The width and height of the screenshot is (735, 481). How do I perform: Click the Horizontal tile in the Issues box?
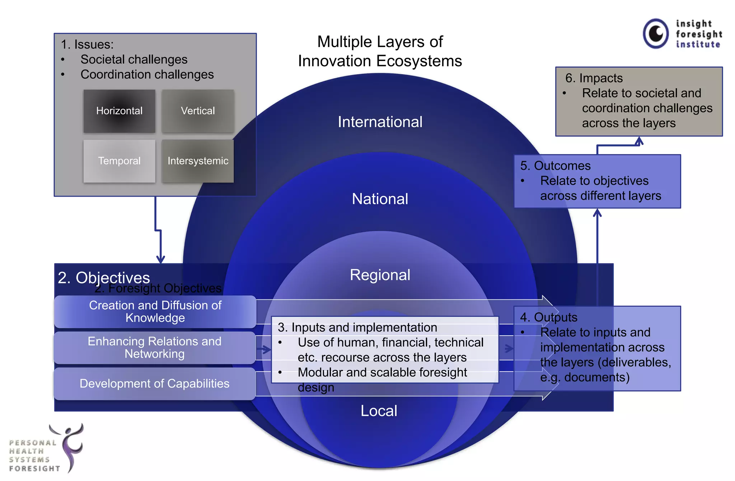pyautogui.click(x=119, y=111)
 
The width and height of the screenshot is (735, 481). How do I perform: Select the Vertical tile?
pyautogui.click(x=198, y=111)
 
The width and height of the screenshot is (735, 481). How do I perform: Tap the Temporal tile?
pyautogui.click(x=119, y=161)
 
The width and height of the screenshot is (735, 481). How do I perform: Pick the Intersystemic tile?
pyautogui.click(x=198, y=161)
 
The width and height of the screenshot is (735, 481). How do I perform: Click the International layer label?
pyautogui.click(x=380, y=122)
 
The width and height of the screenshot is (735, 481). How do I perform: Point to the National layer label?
pyautogui.click(x=380, y=199)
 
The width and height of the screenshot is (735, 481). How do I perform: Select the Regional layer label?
pyautogui.click(x=380, y=275)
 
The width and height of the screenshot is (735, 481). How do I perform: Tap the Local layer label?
pyautogui.click(x=379, y=411)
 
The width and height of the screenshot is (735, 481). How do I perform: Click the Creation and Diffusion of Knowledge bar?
pyautogui.click(x=155, y=312)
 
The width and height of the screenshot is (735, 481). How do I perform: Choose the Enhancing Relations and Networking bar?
pyautogui.click(x=154, y=347)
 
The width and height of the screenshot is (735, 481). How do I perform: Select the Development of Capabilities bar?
pyautogui.click(x=154, y=383)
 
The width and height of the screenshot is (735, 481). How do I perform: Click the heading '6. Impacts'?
pyautogui.click(x=594, y=78)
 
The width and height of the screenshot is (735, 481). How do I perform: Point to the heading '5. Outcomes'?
pyautogui.click(x=555, y=165)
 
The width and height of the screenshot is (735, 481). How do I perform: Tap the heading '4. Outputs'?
pyautogui.click(x=548, y=317)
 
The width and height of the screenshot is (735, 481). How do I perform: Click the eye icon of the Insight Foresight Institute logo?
pyautogui.click(x=656, y=34)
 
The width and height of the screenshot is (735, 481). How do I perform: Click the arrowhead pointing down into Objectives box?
pyautogui.click(x=160, y=259)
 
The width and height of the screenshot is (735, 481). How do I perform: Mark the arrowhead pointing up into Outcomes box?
pyautogui.click(x=597, y=213)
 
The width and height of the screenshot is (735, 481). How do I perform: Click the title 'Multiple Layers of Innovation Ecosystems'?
pyautogui.click(x=380, y=51)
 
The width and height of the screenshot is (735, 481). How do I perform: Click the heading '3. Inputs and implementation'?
pyautogui.click(x=357, y=327)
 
